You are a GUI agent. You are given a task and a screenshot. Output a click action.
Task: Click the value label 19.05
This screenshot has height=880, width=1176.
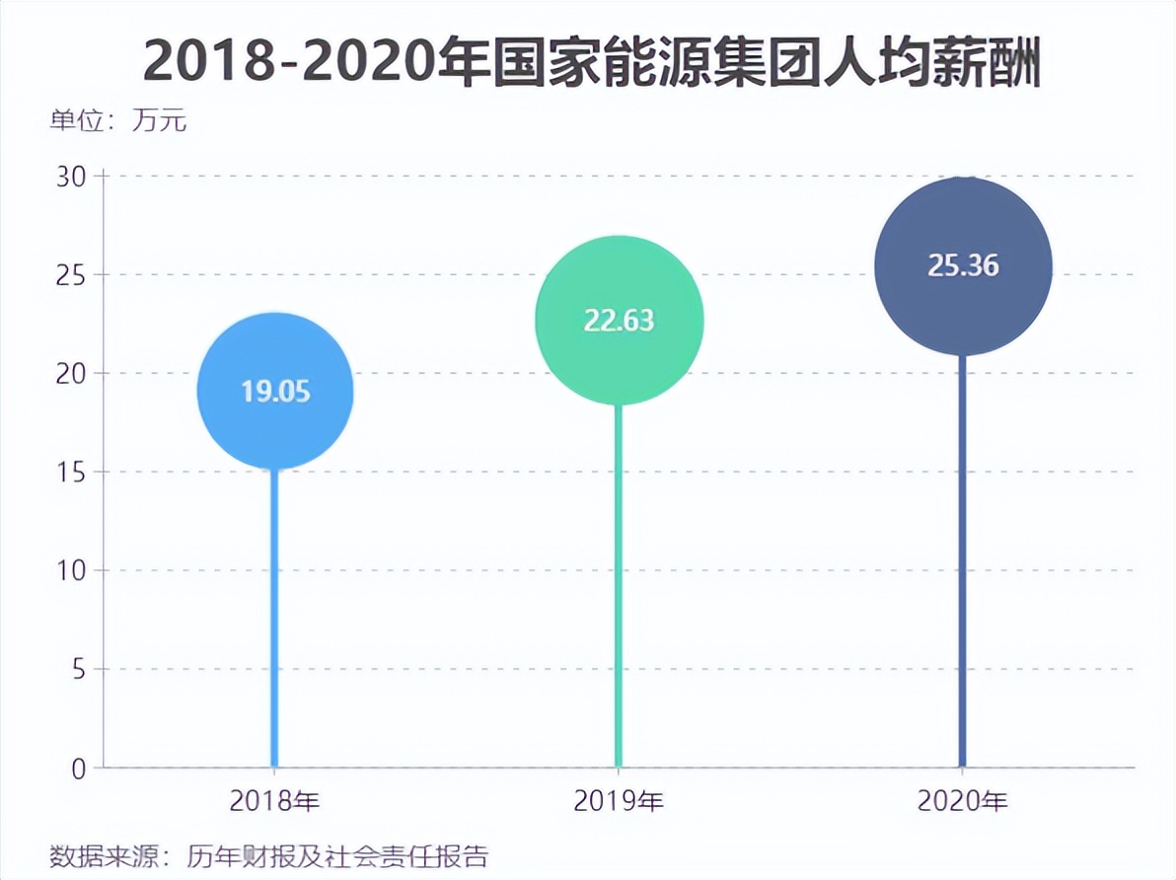tap(275, 392)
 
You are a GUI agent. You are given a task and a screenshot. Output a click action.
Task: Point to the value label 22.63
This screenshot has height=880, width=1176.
tap(619, 321)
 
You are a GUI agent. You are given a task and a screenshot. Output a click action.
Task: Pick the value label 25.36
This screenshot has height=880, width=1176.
tap(963, 265)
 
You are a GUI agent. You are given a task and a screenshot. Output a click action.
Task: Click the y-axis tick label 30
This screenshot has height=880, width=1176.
tap(72, 177)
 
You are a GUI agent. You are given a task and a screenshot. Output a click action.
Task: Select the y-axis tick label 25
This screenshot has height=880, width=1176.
tap(72, 275)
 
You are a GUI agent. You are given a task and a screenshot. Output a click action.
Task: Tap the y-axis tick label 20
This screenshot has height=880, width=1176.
tap(72, 374)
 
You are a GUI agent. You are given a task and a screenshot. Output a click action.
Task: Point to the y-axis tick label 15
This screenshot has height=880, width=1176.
tap(72, 473)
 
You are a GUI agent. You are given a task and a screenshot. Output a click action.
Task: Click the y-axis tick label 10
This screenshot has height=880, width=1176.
tap(72, 571)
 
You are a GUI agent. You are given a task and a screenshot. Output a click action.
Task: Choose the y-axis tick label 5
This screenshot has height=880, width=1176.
tap(78, 670)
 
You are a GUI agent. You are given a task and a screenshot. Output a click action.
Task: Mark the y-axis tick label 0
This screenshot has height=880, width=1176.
tap(79, 769)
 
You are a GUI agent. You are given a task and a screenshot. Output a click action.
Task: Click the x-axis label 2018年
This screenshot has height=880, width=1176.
tap(275, 802)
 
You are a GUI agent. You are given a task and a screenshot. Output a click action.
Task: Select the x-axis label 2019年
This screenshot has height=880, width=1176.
tap(619, 802)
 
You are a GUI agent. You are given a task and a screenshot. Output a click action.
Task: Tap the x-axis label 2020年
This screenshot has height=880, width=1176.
tap(963, 802)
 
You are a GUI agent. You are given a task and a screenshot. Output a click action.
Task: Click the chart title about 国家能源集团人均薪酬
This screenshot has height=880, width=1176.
tap(592, 62)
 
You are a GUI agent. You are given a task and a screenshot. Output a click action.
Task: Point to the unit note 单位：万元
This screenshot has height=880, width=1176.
tap(117, 122)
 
